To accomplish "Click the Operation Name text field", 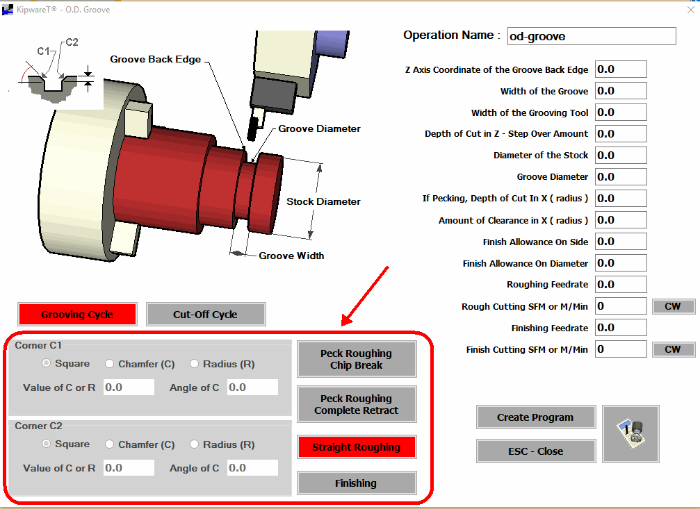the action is (x=592, y=36).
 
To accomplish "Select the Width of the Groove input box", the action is (x=621, y=91).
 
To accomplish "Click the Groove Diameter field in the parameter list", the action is (x=621, y=176).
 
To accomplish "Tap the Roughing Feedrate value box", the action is (x=621, y=285).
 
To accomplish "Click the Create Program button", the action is (x=536, y=417).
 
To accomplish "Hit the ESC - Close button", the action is (x=536, y=451).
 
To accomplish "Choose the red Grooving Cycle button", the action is (x=77, y=315).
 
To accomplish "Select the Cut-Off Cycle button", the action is (x=205, y=315).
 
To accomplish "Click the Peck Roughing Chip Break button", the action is (x=356, y=359).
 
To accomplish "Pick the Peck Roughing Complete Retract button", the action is (x=356, y=404).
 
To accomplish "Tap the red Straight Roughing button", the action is (x=356, y=447).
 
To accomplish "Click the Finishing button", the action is (x=356, y=483).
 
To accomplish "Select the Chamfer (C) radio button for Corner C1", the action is (x=109, y=364).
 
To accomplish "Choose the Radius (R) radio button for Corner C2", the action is (x=194, y=444).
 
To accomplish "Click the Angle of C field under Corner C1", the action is (x=252, y=387).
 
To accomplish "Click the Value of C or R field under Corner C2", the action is (x=129, y=468).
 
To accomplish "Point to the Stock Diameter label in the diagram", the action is (x=323, y=201).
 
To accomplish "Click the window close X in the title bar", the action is (x=691, y=10).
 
